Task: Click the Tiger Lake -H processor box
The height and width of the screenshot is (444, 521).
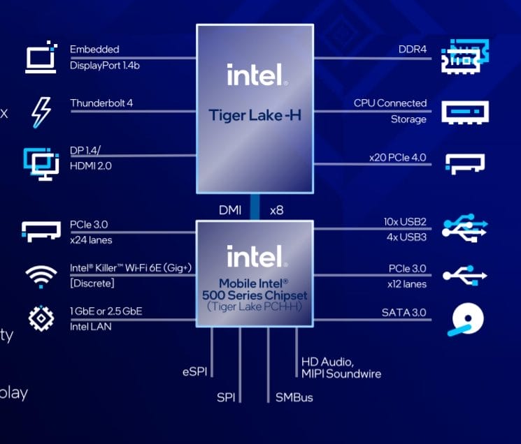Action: point(254,108)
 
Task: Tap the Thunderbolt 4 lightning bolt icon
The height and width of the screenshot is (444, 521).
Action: point(41,112)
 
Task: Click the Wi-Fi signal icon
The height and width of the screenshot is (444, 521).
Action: point(41,275)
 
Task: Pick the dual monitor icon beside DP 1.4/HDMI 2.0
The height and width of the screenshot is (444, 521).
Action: point(41,162)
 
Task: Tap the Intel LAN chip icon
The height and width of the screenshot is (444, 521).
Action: point(41,318)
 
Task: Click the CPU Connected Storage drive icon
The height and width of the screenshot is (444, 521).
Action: point(464,111)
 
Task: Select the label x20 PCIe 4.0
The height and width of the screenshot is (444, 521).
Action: point(397,158)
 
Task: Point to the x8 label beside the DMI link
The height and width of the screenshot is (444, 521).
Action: point(276,209)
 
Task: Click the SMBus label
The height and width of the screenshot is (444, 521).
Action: point(294,397)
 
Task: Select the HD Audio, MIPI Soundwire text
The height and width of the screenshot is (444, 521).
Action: point(341,367)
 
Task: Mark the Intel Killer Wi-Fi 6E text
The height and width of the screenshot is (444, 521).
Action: point(130,268)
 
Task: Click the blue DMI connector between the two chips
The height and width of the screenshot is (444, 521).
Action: point(255,208)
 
